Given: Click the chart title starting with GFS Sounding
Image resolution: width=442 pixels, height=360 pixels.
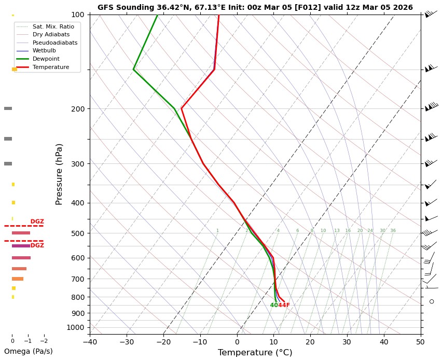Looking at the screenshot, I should pyautogui.click(x=255, y=7).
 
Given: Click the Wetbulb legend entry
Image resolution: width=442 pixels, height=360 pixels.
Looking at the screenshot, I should pyautogui.click(x=45, y=50).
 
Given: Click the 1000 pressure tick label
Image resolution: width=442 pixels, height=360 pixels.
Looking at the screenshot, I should pyautogui.click(x=75, y=327).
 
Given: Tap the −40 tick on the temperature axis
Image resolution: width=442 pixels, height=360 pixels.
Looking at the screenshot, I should pyautogui.click(x=90, y=341).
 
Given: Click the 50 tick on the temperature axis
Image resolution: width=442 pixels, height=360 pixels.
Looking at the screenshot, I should pyautogui.click(x=420, y=341).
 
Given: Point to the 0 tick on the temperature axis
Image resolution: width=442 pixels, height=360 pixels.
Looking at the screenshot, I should pyautogui.click(x=237, y=341).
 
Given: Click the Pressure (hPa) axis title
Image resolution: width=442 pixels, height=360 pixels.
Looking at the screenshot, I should pyautogui.click(x=59, y=174).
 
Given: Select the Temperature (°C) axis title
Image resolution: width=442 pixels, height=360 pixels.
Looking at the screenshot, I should pyautogui.click(x=255, y=353).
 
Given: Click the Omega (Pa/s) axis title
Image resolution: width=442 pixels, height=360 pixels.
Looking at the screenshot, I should pyautogui.click(x=28, y=351).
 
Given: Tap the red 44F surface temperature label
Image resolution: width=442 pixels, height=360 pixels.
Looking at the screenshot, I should pyautogui.click(x=284, y=305).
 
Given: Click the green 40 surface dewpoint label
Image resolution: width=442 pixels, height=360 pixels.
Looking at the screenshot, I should pyautogui.click(x=273, y=305).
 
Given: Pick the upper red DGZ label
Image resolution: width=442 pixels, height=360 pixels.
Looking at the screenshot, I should pyautogui.click(x=37, y=221).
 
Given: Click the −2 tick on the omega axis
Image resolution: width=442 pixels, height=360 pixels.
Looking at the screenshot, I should pyautogui.click(x=44, y=341).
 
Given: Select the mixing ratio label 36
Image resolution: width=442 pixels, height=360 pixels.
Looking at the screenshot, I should pyautogui.click(x=393, y=230).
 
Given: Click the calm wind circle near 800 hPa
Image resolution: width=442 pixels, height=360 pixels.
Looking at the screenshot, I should pyautogui.click(x=431, y=301).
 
